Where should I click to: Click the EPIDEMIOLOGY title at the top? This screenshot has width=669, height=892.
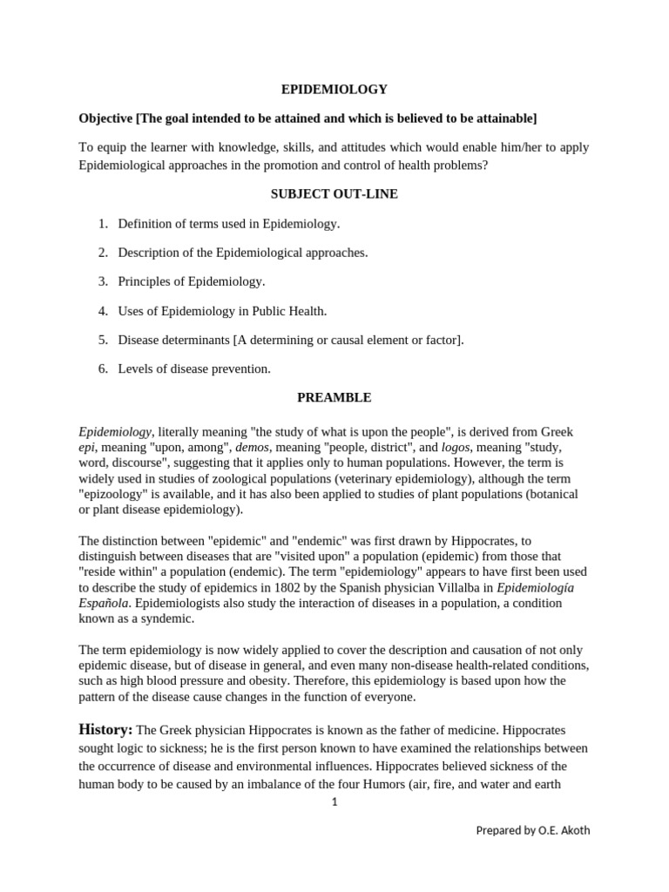[334, 89]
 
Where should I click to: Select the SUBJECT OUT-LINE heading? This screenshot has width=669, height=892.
[334, 194]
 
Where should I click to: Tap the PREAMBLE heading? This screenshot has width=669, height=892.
[334, 397]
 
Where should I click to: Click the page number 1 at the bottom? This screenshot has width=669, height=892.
[334, 802]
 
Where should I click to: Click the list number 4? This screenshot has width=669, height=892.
[102, 310]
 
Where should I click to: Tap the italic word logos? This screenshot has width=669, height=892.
[455, 447]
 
